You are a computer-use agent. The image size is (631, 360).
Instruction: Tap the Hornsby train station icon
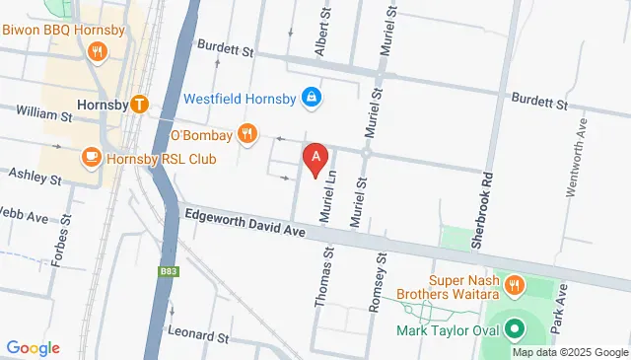pos(139,103)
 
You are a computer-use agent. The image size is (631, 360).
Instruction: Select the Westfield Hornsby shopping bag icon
pos(312,98)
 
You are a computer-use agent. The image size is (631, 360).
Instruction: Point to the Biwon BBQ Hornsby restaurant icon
pos(97,52)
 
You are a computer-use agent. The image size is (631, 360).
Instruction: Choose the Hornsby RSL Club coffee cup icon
pos(91,157)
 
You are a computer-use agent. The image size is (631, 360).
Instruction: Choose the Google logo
pos(33,347)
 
